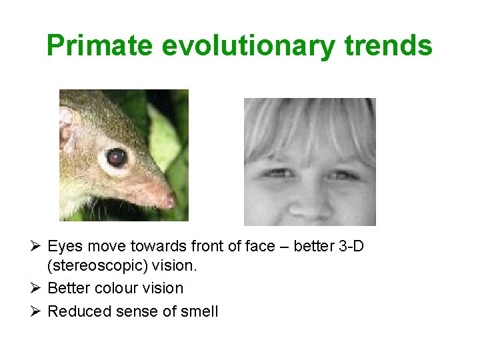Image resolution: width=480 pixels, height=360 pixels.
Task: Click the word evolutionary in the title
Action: (247, 46)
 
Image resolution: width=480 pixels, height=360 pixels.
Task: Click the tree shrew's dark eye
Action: (117, 157)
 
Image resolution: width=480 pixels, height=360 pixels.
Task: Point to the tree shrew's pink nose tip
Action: (169, 200)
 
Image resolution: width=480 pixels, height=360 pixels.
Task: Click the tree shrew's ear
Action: (66, 127)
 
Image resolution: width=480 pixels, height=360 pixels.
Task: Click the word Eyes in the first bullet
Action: (65, 247)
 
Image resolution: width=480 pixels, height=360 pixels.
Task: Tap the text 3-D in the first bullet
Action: (351, 247)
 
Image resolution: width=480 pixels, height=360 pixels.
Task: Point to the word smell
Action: (200, 311)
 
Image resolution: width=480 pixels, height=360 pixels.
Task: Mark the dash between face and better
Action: (285, 247)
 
